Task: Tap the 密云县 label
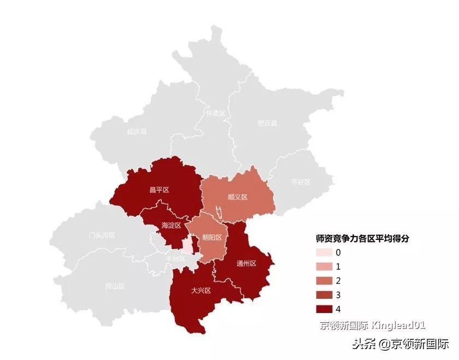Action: pyautogui.click(x=267, y=123)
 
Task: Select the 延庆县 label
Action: pyautogui.click(x=137, y=132)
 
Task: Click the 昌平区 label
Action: pyautogui.click(x=159, y=190)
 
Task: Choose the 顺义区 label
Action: pyautogui.click(x=238, y=197)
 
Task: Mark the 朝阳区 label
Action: pyautogui.click(x=211, y=237)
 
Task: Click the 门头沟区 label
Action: pyautogui.click(x=102, y=235)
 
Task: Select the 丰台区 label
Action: pyautogui.click(x=175, y=258)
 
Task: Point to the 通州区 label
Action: pyautogui.click(x=246, y=263)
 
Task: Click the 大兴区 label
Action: pyautogui.click(x=201, y=290)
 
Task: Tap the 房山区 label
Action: pyautogui.click(x=115, y=286)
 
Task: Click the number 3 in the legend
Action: pyautogui.click(x=338, y=295)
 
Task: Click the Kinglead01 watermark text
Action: pyautogui.click(x=398, y=326)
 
